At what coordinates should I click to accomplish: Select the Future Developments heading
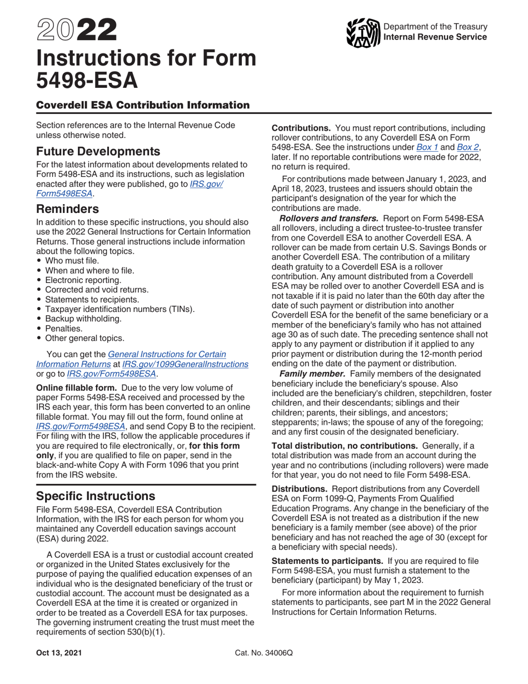point(98,151)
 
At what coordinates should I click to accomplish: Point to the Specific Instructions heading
point(94,495)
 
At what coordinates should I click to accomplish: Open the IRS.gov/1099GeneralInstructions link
point(185,364)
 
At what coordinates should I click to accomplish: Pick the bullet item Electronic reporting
point(83,280)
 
